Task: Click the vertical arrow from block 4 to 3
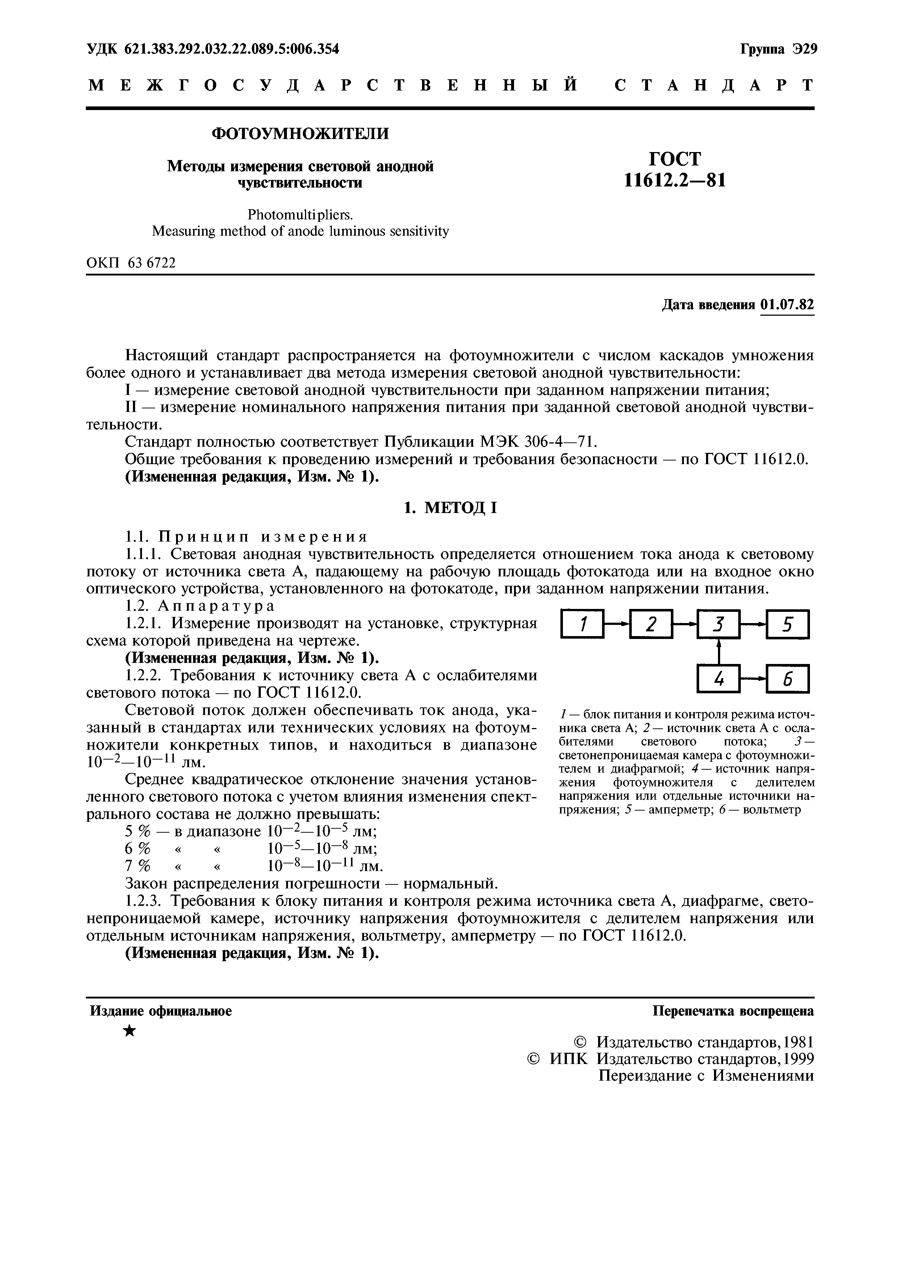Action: [x=719, y=652]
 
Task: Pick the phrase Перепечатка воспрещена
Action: [x=733, y=1011]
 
